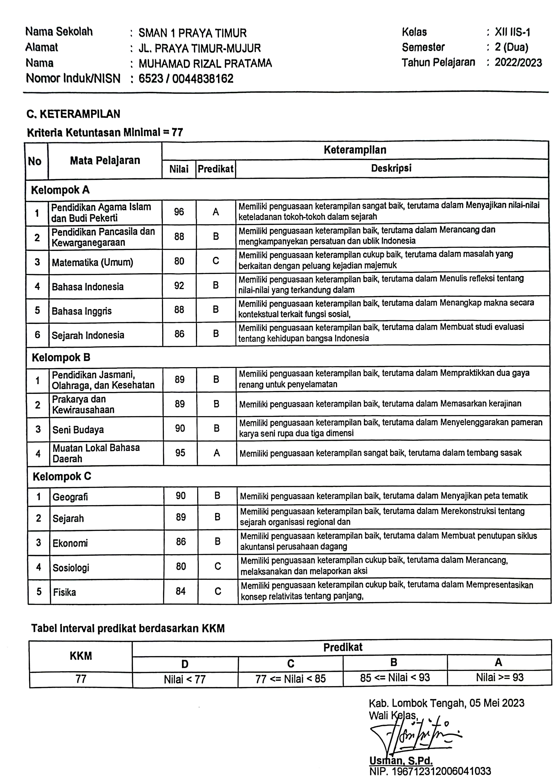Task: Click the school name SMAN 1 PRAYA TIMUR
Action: [192, 33]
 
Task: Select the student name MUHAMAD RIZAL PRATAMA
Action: [205, 63]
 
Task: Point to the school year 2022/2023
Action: [518, 62]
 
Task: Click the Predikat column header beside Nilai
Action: [215, 169]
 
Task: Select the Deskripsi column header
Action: [391, 168]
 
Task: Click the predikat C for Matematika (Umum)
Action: [215, 261]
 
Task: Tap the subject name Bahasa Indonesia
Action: [87, 286]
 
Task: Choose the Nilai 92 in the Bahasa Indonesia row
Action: [179, 286]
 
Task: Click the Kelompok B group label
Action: [61, 358]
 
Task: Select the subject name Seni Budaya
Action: [78, 430]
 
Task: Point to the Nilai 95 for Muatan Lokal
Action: [180, 453]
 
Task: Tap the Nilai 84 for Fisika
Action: [180, 591]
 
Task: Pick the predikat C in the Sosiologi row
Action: [217, 566]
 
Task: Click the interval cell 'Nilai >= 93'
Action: [499, 678]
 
